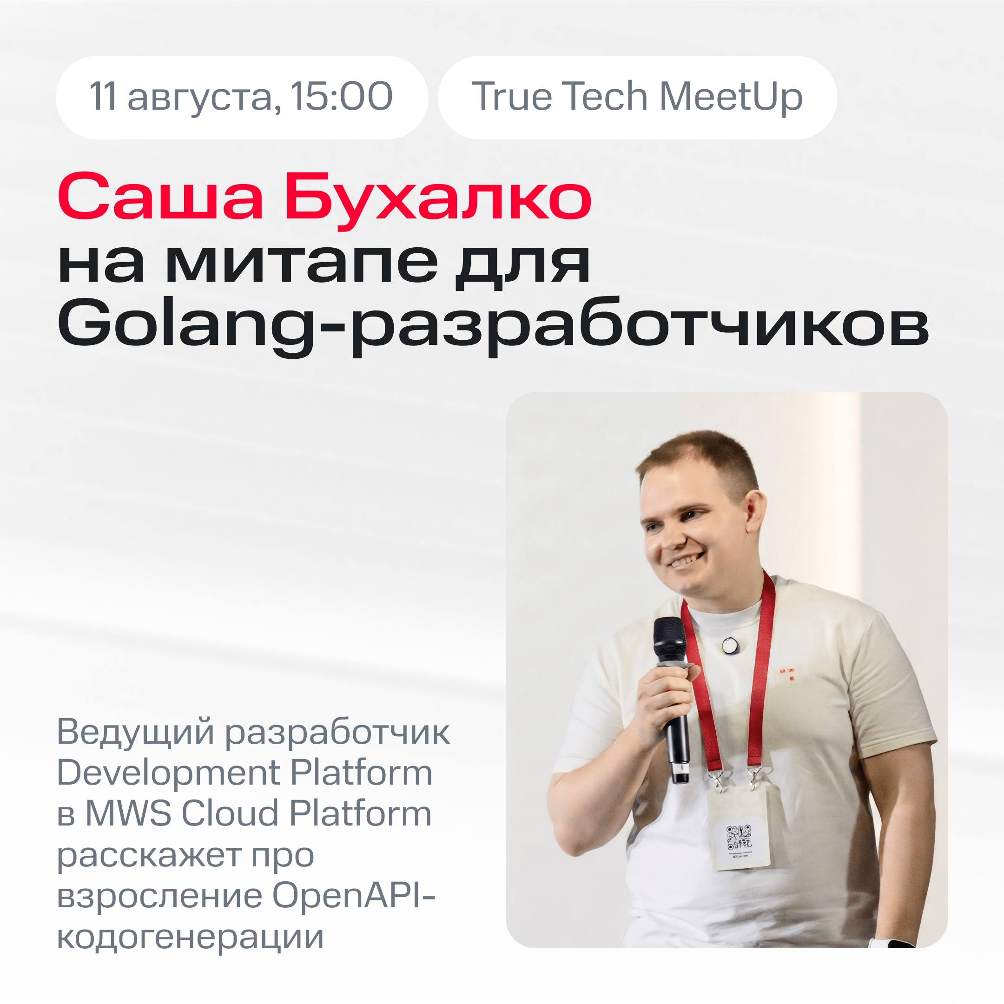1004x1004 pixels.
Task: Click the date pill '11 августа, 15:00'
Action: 242,97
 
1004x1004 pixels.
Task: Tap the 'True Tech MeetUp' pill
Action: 637,97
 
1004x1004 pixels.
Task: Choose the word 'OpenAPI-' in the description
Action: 353,895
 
